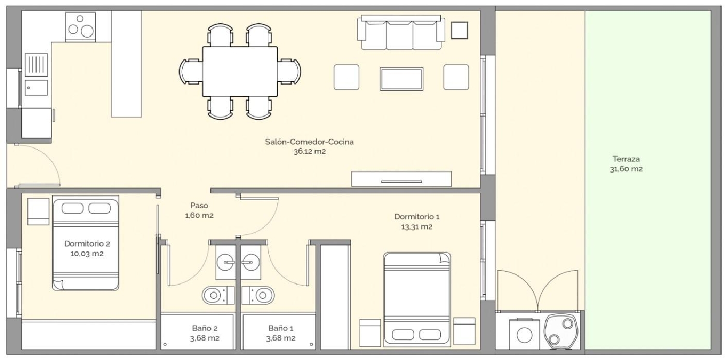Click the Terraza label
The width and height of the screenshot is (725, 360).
(x=626, y=159)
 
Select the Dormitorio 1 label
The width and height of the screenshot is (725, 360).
(x=417, y=217)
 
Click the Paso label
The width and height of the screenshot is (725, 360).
(x=199, y=206)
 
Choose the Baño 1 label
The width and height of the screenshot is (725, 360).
(x=281, y=328)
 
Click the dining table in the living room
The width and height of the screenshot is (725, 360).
(x=239, y=72)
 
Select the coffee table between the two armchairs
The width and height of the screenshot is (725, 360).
(x=401, y=78)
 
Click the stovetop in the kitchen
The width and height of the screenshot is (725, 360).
(x=80, y=27)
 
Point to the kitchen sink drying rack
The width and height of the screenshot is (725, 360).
(x=36, y=65)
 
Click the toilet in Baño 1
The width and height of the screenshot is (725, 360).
(x=258, y=294)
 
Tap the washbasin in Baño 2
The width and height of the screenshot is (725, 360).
(x=225, y=262)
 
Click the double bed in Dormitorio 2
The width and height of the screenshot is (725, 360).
(x=86, y=243)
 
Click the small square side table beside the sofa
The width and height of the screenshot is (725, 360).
(x=459, y=30)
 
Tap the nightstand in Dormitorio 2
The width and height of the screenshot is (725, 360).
(x=38, y=211)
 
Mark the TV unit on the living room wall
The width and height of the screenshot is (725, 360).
(x=401, y=178)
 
